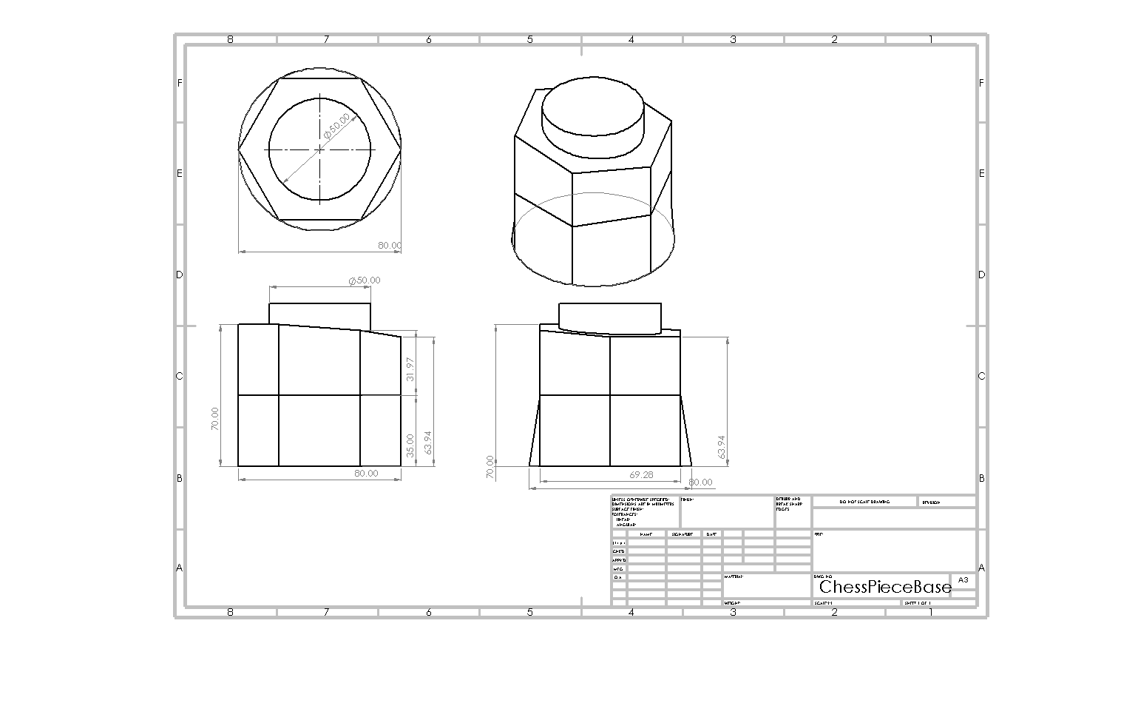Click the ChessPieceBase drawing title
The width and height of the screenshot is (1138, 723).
pos(885,588)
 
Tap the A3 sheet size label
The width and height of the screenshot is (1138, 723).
pos(963,580)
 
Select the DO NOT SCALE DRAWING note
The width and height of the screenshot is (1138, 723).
pos(864,502)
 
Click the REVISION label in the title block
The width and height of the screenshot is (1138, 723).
pos(930,502)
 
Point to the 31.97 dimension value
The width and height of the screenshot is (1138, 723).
pos(410,369)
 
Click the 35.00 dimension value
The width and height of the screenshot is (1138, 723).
pos(410,445)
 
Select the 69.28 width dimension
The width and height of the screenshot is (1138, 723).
pos(640,474)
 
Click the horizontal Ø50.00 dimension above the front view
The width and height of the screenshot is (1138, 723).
pos(365,280)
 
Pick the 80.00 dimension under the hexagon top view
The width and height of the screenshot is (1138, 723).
pos(390,245)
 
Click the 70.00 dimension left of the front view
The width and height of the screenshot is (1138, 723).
pos(214,419)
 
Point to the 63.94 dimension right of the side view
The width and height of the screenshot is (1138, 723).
pos(722,446)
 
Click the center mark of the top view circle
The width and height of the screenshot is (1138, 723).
pos(320,149)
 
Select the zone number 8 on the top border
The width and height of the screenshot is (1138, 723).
pos(230,39)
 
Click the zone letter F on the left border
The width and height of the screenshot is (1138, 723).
pos(179,83)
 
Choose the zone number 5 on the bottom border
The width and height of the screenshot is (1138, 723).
pos(529,612)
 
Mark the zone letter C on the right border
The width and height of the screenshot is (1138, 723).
pos(981,376)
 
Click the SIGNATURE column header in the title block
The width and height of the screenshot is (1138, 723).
pos(683,534)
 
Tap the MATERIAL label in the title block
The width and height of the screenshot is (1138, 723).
pos(734,576)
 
